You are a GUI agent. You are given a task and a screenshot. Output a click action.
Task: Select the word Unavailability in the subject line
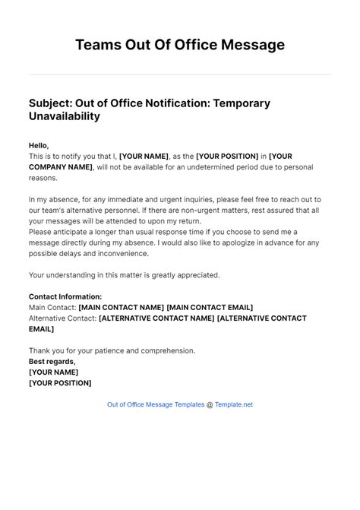point(64,117)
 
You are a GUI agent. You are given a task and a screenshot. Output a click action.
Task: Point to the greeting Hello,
point(39,145)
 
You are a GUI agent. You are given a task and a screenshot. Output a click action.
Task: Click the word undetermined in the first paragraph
point(200,166)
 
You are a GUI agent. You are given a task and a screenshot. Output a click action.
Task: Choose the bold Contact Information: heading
point(65,296)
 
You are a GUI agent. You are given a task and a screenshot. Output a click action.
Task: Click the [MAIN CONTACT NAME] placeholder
point(121,307)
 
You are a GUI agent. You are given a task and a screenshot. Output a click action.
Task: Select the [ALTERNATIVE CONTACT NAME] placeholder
point(156,318)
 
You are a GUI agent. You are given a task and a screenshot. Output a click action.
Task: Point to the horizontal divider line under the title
point(180,74)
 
